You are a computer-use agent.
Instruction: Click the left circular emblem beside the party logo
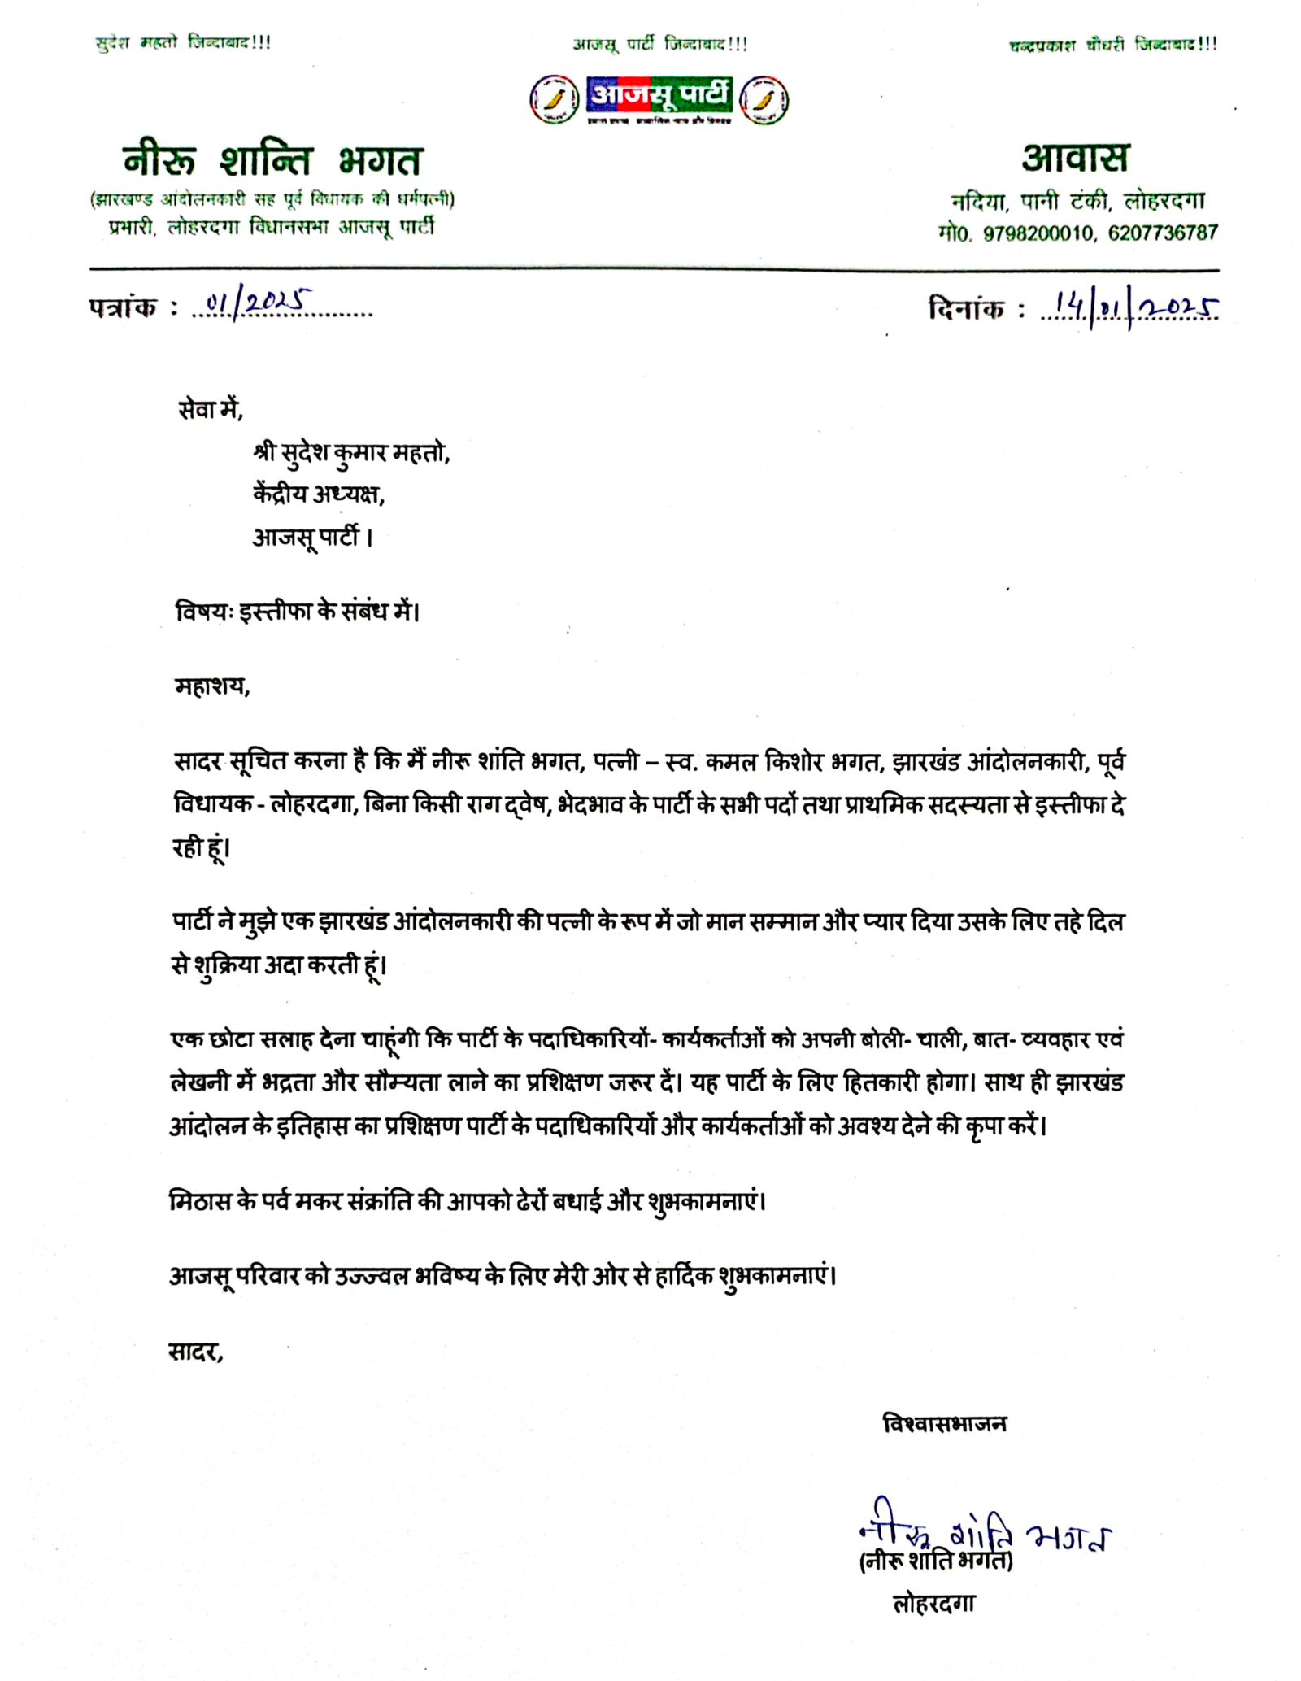pyautogui.click(x=555, y=100)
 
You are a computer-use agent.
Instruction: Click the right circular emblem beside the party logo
pyautogui.click(x=764, y=100)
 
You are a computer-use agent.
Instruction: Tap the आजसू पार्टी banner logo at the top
pyautogui.click(x=659, y=98)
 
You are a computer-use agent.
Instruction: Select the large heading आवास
pyautogui.click(x=1075, y=158)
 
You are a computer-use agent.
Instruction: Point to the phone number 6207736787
pyautogui.click(x=1163, y=233)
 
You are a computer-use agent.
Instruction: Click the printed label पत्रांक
pyautogui.click(x=124, y=308)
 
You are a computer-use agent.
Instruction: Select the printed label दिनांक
pyautogui.click(x=966, y=309)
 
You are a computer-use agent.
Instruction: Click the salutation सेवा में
pyautogui.click(x=210, y=409)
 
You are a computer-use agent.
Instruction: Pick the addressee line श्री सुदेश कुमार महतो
pyautogui.click(x=351, y=452)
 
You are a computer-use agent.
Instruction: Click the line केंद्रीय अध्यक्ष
pyautogui.click(x=318, y=494)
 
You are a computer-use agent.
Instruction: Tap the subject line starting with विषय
pyautogui.click(x=298, y=611)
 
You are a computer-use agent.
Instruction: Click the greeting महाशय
pyautogui.click(x=212, y=686)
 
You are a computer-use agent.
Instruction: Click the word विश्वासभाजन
pyautogui.click(x=944, y=1423)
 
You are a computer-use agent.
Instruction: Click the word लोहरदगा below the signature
pyautogui.click(x=933, y=1604)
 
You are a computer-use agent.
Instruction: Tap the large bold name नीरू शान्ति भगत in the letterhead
pyautogui.click(x=272, y=160)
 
